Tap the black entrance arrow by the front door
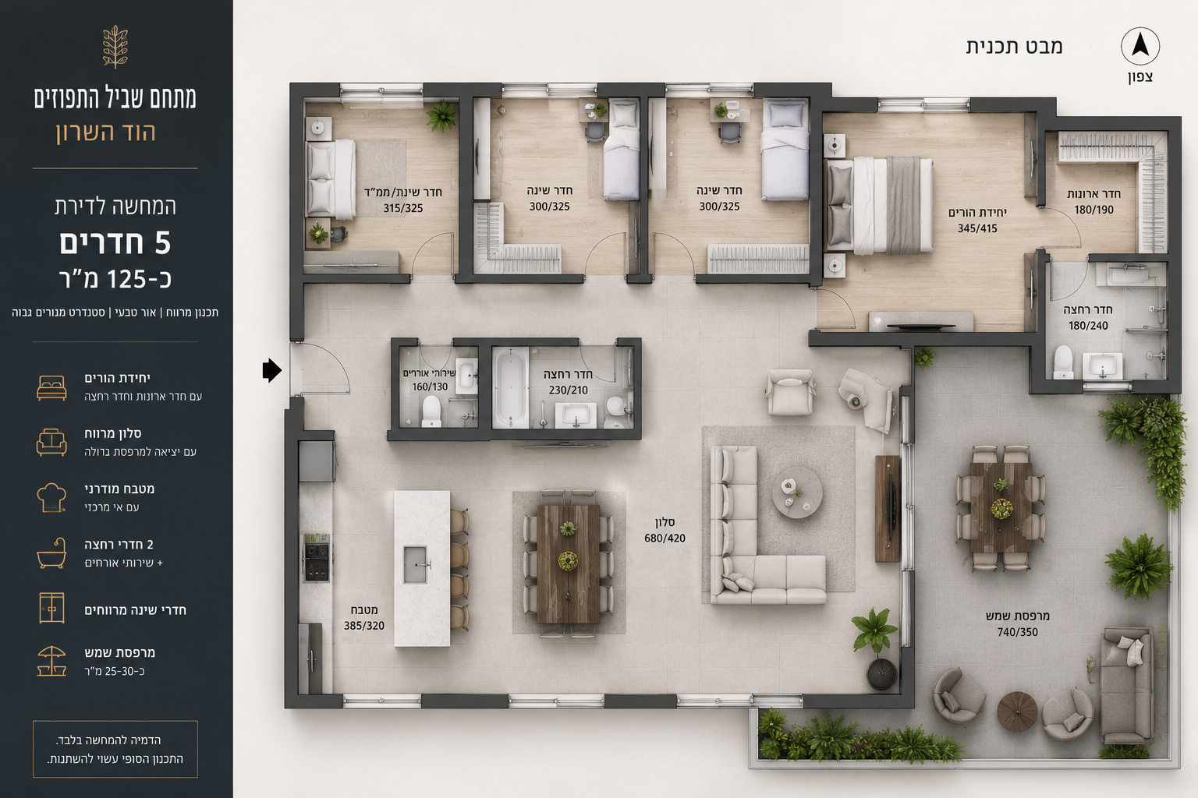pyautogui.click(x=271, y=370)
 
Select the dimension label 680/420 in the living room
pyautogui.click(x=665, y=538)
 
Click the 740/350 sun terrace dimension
pyautogui.click(x=1017, y=632)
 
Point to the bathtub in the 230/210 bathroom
pyautogui.click(x=510, y=387)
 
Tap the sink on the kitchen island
pyautogui.click(x=415, y=564)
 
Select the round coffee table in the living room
pyautogui.click(x=797, y=493)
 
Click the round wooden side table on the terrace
pyautogui.click(x=1017, y=711)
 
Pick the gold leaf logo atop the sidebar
pyautogui.click(x=115, y=47)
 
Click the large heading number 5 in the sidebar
pyautogui.click(x=162, y=242)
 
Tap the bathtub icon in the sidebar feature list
pyautogui.click(x=51, y=553)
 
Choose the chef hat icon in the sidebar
pyautogui.click(x=51, y=498)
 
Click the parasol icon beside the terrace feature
pyautogui.click(x=51, y=661)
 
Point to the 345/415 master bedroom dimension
pyautogui.click(x=977, y=228)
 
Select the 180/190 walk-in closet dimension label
pyautogui.click(x=1093, y=210)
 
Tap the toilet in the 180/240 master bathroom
pyautogui.click(x=1063, y=362)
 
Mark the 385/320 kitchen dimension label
pyautogui.click(x=363, y=625)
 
